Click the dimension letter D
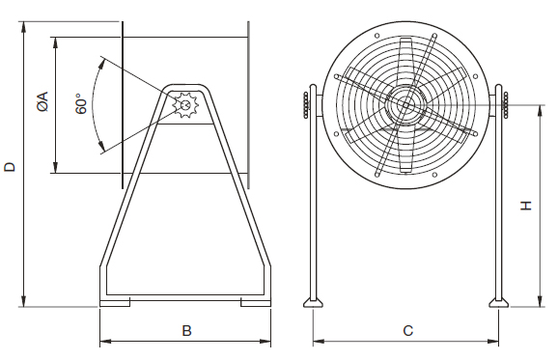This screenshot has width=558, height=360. (10, 167)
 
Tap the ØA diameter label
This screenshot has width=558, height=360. (42, 102)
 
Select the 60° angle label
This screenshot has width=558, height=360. (81, 104)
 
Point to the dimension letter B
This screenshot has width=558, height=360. (187, 330)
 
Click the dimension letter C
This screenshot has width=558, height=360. (408, 330)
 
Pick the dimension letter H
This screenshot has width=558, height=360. (526, 206)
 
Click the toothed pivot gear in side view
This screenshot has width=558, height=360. (185, 105)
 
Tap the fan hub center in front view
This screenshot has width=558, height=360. (406, 105)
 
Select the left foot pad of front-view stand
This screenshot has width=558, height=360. (313, 303)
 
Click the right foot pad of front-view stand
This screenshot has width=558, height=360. (498, 303)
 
